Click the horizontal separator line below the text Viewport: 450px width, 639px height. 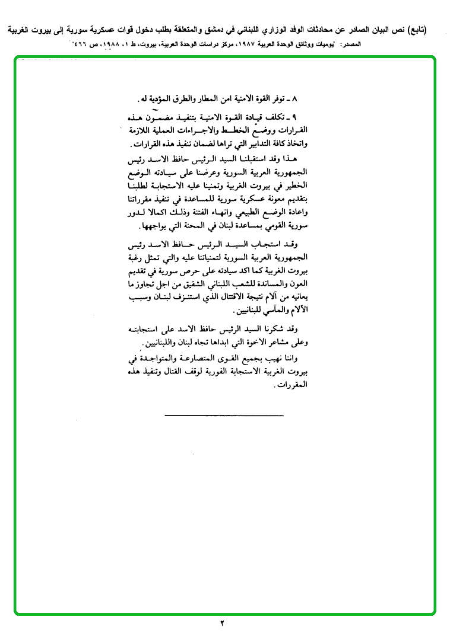pos(223,415)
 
